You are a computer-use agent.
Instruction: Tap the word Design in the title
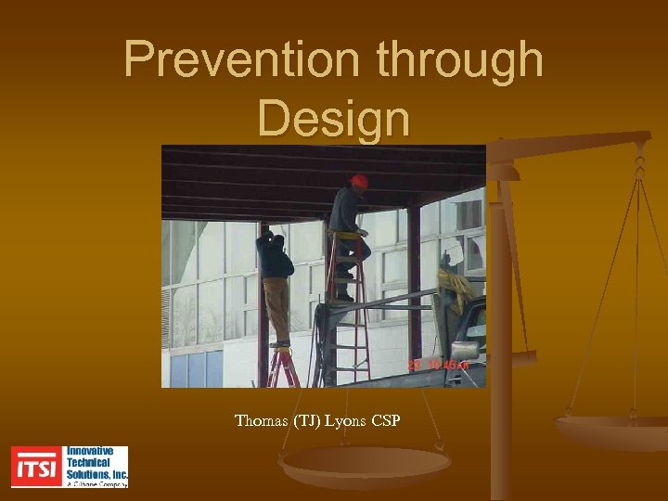coord(333,118)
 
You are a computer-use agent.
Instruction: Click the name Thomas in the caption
coord(262,421)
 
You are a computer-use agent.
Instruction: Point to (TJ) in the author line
coord(305,421)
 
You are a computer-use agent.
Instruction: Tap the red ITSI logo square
coord(36,467)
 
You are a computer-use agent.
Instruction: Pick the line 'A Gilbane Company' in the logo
coord(96,482)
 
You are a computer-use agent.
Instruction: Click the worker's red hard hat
coord(359,182)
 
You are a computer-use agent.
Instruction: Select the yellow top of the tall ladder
coord(345,235)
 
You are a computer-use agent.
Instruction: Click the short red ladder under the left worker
coord(282,366)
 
